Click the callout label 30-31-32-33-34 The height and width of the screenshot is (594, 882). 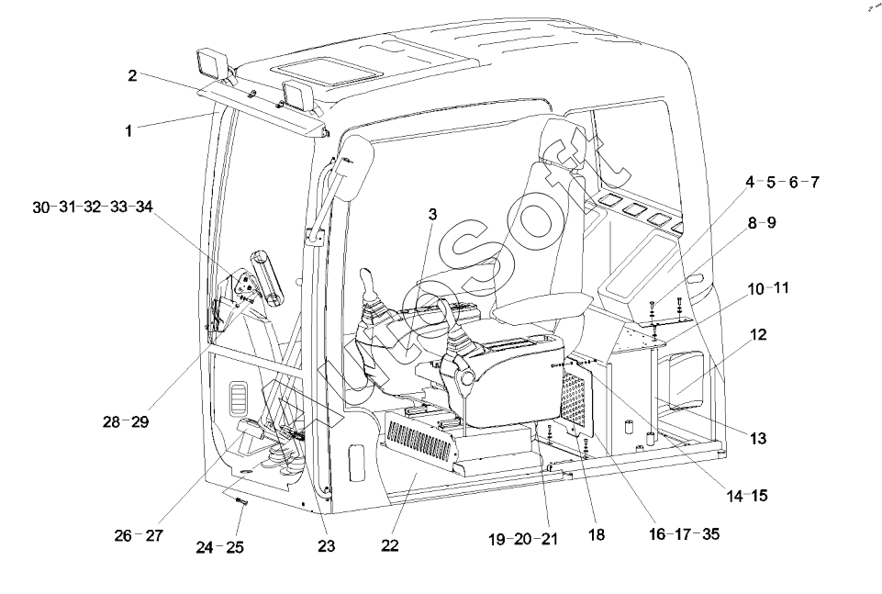[93, 207]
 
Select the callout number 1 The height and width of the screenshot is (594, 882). [129, 131]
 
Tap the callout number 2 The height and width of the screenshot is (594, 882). [132, 75]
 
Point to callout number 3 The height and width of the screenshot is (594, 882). [432, 213]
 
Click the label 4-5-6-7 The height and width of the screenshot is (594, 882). [782, 182]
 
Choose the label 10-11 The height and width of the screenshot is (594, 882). [768, 287]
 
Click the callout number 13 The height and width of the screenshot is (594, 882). [756, 439]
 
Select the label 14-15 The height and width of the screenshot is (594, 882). [746, 497]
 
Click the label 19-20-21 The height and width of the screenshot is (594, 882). [524, 539]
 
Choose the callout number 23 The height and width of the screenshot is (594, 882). [327, 545]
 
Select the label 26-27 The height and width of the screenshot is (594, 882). [138, 535]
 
